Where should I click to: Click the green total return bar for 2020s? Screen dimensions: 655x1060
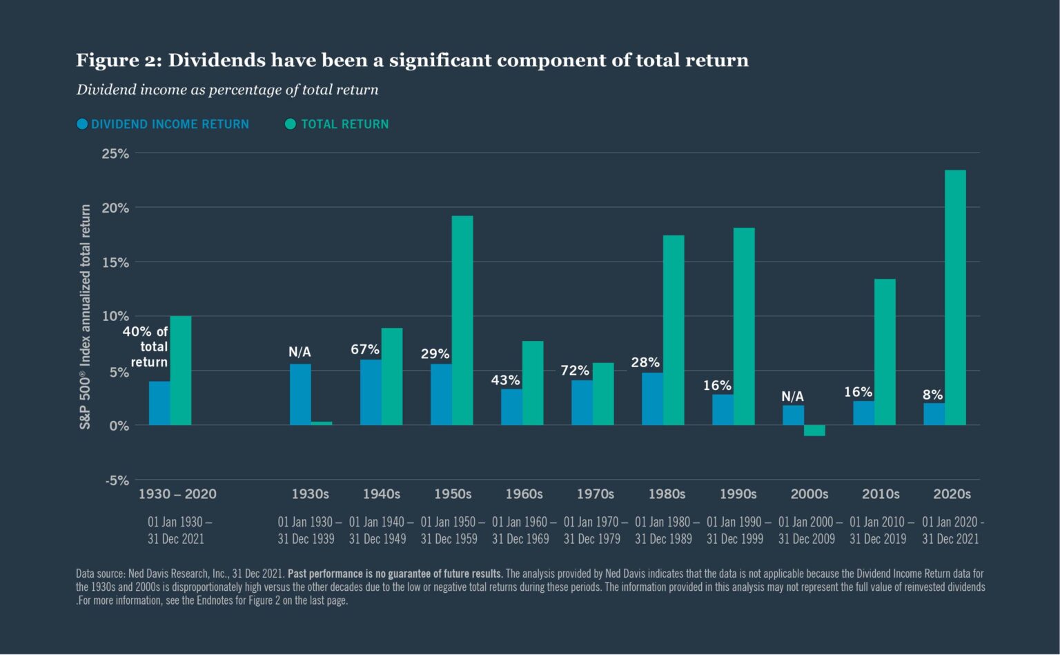pyautogui.click(x=955, y=297)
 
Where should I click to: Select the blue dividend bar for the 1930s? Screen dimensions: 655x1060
pyautogui.click(x=300, y=394)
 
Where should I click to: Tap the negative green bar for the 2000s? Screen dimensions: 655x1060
pyautogui.click(x=814, y=431)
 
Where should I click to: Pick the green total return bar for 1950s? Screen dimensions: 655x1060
pyautogui.click(x=462, y=320)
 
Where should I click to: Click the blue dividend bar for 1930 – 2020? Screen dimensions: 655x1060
pyautogui.click(x=159, y=403)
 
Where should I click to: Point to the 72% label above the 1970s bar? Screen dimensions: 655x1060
pyautogui.click(x=574, y=371)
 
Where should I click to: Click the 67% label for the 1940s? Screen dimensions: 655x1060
pyautogui.click(x=364, y=349)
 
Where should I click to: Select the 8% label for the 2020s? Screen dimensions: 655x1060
pyautogui.click(x=932, y=395)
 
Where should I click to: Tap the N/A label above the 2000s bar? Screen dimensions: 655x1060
pyautogui.click(x=792, y=396)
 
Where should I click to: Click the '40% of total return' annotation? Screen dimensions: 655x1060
pyautogui.click(x=146, y=346)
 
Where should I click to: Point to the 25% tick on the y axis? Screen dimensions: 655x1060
pyautogui.click(x=115, y=153)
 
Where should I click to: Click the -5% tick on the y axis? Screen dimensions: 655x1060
pyautogui.click(x=117, y=480)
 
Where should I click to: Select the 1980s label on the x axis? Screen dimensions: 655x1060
pyautogui.click(x=667, y=494)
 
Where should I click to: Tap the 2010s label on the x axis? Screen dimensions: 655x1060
pyautogui.click(x=881, y=494)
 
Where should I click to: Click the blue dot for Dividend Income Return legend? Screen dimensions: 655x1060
pyautogui.click(x=82, y=124)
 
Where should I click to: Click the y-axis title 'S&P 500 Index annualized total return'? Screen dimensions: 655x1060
pyautogui.click(x=86, y=316)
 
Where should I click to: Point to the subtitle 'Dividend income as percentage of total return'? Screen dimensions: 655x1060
pyautogui.click(x=227, y=90)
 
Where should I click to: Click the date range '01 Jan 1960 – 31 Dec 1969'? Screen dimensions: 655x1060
pyautogui.click(x=523, y=530)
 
